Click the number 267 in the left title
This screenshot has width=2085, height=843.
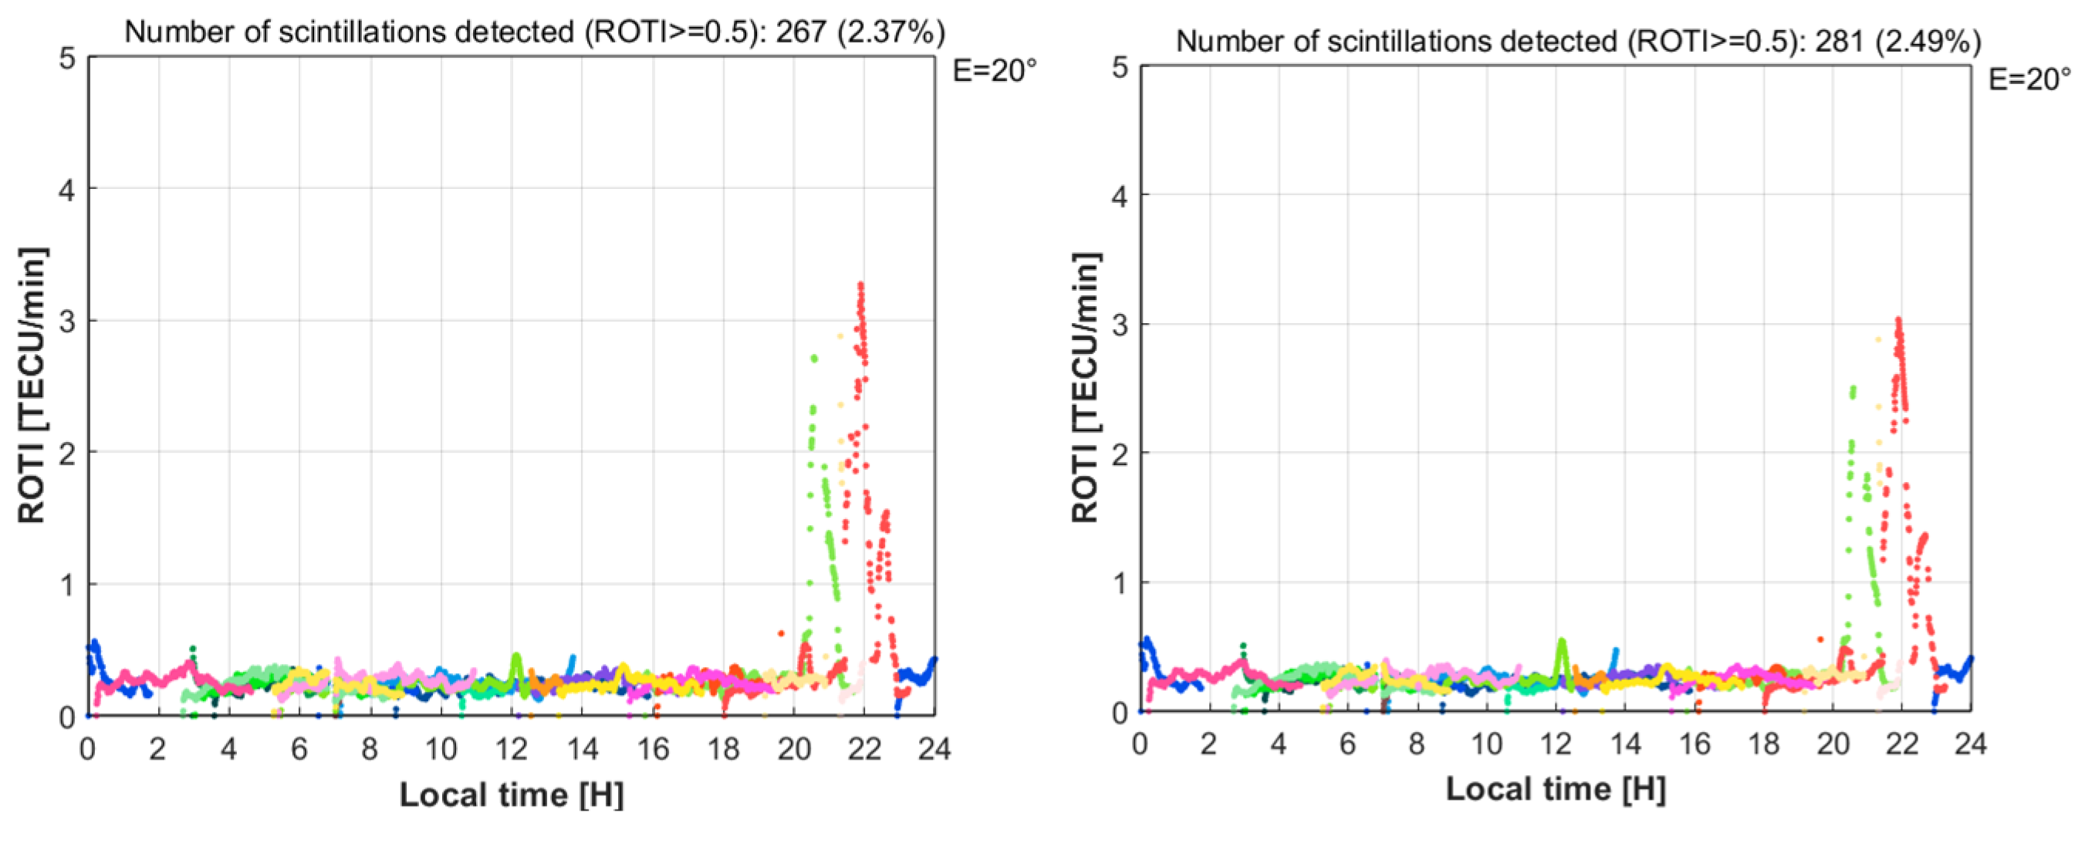point(800,32)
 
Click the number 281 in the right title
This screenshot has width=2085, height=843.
point(1839,40)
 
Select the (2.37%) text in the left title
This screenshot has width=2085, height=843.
point(891,32)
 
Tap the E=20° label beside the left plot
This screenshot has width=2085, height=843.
point(994,71)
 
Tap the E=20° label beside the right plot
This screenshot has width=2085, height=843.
point(2030,79)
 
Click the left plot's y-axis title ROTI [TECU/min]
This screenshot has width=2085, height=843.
point(32,385)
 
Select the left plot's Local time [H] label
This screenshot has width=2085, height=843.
point(512,794)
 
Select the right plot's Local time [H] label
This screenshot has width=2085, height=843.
point(1556,789)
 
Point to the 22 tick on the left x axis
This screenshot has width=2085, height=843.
point(863,749)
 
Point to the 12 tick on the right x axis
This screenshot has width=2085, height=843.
point(1556,744)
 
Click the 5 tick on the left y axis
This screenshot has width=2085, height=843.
point(67,59)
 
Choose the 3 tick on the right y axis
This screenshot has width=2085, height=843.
point(1120,325)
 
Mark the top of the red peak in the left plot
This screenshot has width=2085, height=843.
point(860,285)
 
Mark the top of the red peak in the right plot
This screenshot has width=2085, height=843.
point(1898,320)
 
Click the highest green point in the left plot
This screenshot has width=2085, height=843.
point(813,358)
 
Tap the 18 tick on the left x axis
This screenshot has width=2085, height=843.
point(723,749)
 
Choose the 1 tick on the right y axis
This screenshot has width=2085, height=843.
point(1120,583)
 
